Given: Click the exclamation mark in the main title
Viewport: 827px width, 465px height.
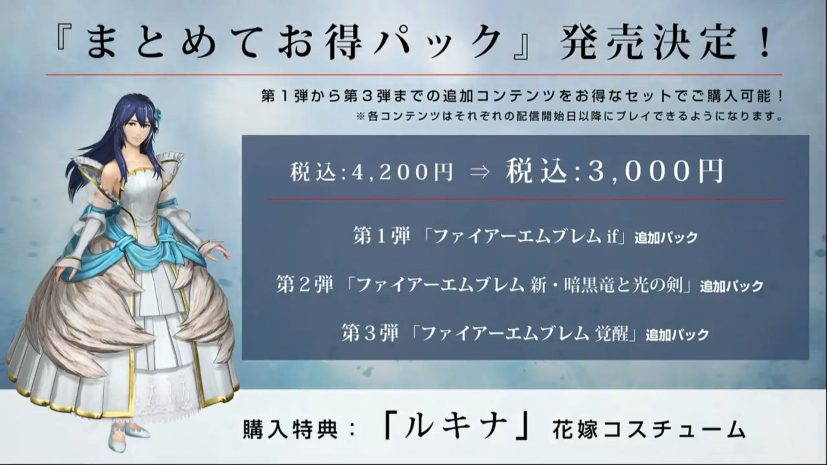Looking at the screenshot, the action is tap(765, 42).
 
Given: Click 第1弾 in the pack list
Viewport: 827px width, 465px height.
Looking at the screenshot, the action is tap(382, 236).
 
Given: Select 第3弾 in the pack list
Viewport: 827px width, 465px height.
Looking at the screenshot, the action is tap(370, 334).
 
